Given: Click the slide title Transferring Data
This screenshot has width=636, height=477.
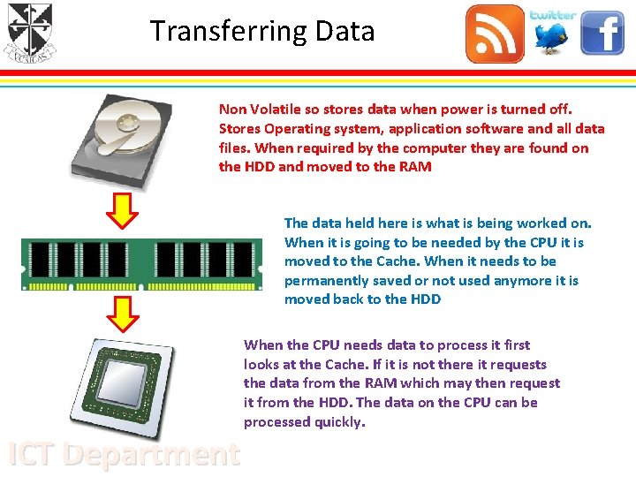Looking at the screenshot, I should pos(262,31).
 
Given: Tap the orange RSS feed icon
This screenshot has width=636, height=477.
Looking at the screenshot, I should pos(495,34).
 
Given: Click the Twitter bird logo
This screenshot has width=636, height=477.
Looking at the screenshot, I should pos(552,34).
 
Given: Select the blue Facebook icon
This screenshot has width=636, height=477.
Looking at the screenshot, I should pos(602,34).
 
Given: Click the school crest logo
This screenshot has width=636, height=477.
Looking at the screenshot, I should pos(29,34).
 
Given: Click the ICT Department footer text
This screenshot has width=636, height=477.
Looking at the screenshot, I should pos(124,453).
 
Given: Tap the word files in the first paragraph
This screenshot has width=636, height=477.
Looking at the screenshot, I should pos(235,148).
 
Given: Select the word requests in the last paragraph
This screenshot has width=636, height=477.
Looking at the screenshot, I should pos(516,364).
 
